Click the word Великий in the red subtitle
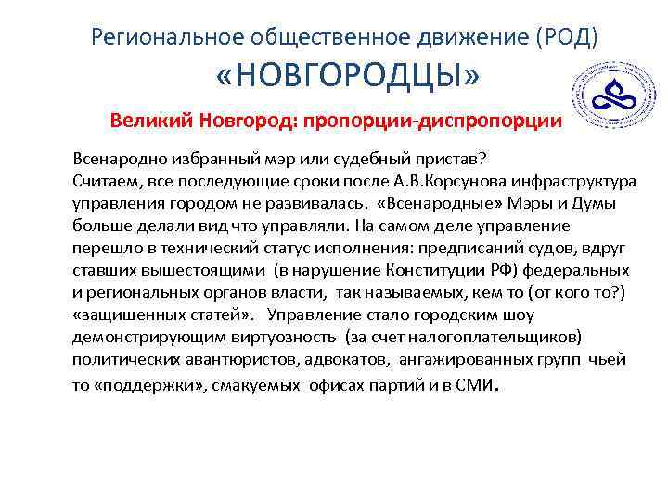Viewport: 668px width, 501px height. (146, 121)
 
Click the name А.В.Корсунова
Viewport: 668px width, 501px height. (418, 179)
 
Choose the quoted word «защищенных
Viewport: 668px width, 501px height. (122, 316)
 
